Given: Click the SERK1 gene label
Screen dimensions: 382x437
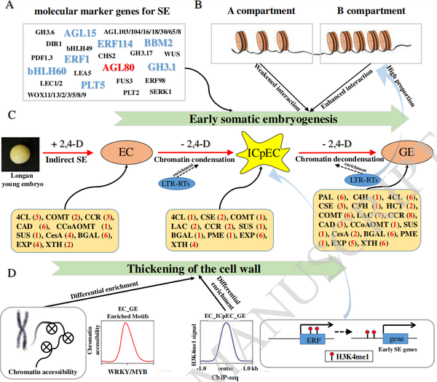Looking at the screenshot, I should tap(160, 92).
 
